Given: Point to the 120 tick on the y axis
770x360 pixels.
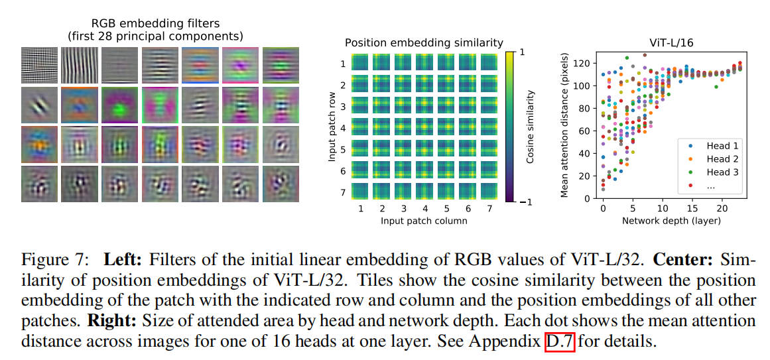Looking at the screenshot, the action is click(x=588, y=64).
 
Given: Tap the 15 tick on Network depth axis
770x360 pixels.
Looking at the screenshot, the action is click(x=692, y=208).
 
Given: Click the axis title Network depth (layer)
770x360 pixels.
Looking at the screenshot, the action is click(x=671, y=221).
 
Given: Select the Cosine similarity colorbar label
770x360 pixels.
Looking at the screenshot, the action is click(x=531, y=126).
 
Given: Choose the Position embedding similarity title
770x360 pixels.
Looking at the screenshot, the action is click(x=424, y=42).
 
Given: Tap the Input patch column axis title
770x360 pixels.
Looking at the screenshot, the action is click(x=424, y=221).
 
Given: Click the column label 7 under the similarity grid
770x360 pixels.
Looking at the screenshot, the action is click(x=489, y=208).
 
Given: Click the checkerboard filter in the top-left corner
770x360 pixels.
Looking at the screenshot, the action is click(x=38, y=66).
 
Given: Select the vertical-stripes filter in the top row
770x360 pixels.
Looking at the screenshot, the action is click(x=79, y=66).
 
